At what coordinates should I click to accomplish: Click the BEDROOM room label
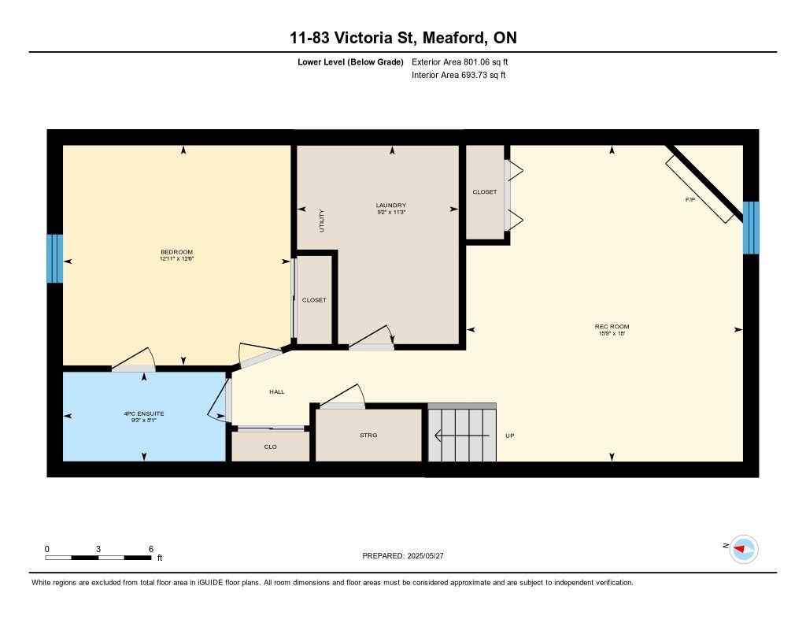pyautogui.click(x=176, y=252)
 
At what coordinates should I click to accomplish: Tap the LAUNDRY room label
pyautogui.click(x=390, y=206)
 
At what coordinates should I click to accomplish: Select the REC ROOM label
pyautogui.click(x=612, y=326)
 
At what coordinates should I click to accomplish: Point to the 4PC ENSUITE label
pyautogui.click(x=144, y=413)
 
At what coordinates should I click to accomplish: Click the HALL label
pyautogui.click(x=276, y=392)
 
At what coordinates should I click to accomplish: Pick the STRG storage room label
pyautogui.click(x=368, y=436)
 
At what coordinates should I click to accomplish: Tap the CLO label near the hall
pyautogui.click(x=271, y=447)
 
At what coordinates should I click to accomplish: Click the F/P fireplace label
pyautogui.click(x=690, y=199)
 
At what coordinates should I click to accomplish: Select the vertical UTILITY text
pyautogui.click(x=322, y=221)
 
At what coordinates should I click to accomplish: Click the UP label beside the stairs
pyautogui.click(x=509, y=436)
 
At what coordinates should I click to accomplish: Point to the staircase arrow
pyautogui.click(x=461, y=436)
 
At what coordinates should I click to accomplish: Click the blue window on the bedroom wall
pyautogui.click(x=55, y=259)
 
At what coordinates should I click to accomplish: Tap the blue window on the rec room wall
pyautogui.click(x=751, y=228)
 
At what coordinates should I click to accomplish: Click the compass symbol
pyautogui.click(x=744, y=550)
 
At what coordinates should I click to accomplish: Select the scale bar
pyautogui.click(x=98, y=558)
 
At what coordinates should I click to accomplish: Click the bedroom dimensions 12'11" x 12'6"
pyautogui.click(x=176, y=259)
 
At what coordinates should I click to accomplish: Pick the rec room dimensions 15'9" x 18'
pyautogui.click(x=612, y=333)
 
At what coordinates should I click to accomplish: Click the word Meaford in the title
pyautogui.click(x=453, y=38)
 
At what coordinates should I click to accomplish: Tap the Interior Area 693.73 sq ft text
pyautogui.click(x=459, y=75)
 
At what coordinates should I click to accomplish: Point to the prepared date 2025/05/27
pyautogui.click(x=426, y=556)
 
